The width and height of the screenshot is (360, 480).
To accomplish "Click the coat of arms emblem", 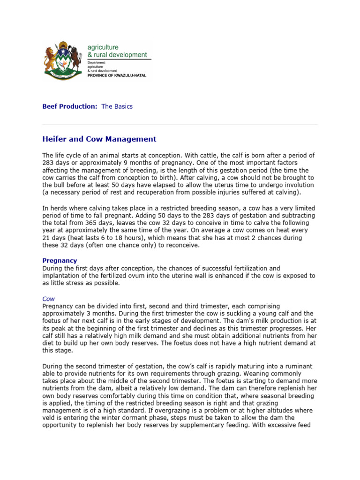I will [x=62, y=60].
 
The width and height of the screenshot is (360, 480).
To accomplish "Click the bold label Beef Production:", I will [x=70, y=106].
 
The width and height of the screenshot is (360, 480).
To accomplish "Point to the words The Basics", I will [x=117, y=106].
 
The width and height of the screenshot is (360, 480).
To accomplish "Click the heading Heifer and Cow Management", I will [x=99, y=139].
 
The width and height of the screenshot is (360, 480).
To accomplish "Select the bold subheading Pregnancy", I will [x=60, y=261].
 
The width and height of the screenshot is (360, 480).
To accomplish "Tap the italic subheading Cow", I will [x=49, y=298].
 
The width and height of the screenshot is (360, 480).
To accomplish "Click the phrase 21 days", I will [x=53, y=238].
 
